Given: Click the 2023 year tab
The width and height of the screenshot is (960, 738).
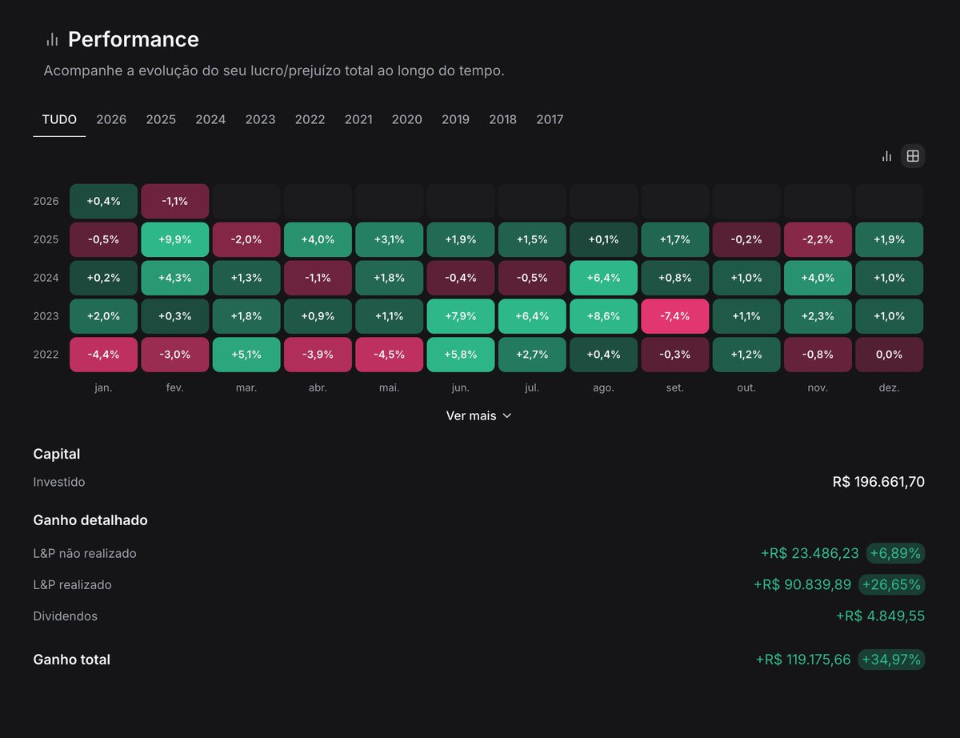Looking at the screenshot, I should [260, 119].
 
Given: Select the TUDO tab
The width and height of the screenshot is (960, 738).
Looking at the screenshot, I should [59, 119].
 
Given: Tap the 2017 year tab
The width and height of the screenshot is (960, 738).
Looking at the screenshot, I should [550, 119].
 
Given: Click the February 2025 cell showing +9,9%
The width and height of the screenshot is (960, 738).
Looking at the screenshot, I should [174, 239].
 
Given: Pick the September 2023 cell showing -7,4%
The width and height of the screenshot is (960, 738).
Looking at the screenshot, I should [674, 316].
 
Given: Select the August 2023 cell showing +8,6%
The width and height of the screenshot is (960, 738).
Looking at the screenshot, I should [603, 316].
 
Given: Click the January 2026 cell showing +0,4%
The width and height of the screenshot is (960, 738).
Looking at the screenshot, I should [103, 201].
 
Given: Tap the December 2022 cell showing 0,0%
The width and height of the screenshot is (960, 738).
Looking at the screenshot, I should [889, 355].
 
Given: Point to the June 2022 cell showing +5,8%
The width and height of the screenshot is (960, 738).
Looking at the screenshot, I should [460, 355].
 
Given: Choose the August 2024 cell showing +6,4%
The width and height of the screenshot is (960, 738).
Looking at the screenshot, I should [603, 278].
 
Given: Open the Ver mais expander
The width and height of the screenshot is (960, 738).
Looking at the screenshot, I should [478, 416].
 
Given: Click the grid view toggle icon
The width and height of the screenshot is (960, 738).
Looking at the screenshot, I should [913, 156].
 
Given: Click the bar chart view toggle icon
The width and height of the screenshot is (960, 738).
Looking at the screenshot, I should [886, 156].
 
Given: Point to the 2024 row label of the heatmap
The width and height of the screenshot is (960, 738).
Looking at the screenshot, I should [46, 278].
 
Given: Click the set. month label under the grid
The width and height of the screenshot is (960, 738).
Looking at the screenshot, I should [674, 387].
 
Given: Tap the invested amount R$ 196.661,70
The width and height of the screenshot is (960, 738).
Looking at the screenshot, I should [878, 482].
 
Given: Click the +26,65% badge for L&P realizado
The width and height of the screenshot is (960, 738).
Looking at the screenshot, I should [891, 585].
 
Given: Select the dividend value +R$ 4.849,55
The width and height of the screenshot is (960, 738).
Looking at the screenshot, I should [880, 616].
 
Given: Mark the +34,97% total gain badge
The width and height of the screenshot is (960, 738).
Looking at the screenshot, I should [891, 660].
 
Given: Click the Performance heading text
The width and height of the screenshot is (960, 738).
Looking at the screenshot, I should [134, 39].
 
